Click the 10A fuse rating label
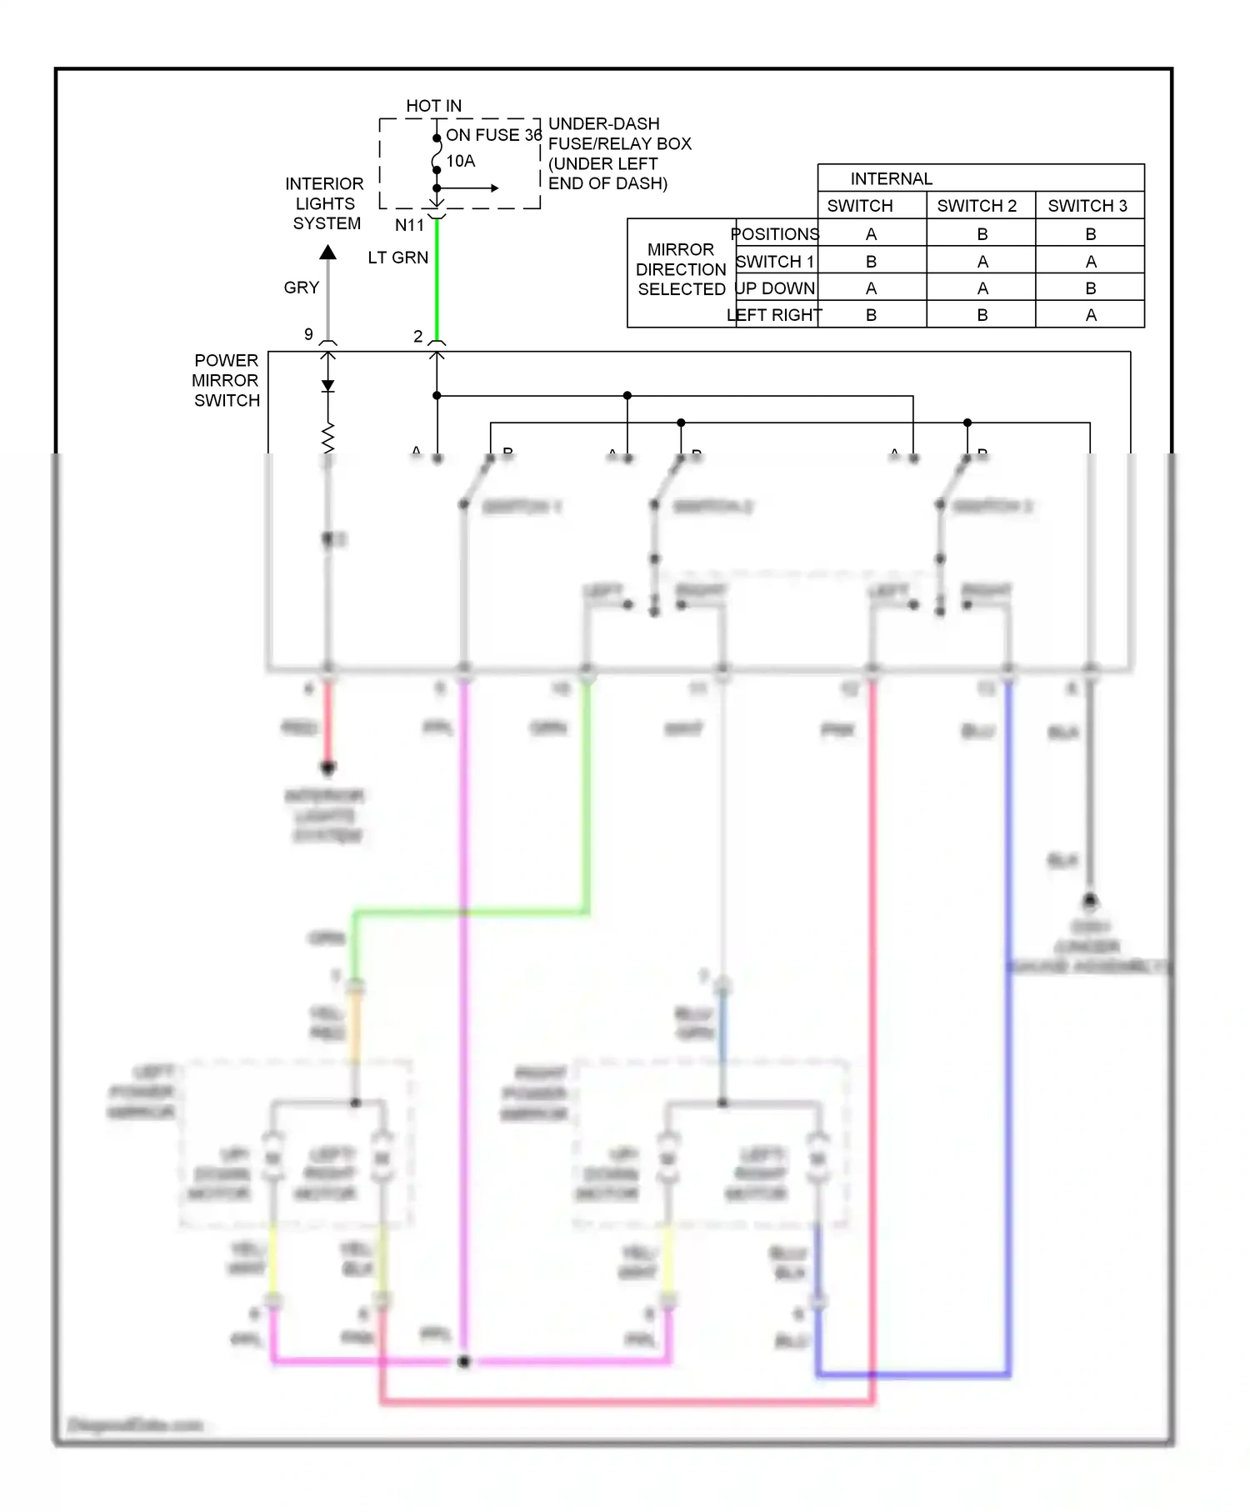[x=461, y=161]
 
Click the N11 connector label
[x=409, y=225]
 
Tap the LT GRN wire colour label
[x=397, y=258]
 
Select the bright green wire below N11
[x=437, y=283]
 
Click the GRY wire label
[x=301, y=288]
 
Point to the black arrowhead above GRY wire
[x=328, y=252]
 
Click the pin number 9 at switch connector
[x=308, y=334]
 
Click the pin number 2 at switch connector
[x=418, y=336]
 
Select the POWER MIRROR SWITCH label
[x=226, y=380]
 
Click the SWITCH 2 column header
[x=977, y=206]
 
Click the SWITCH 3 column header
[x=1087, y=206]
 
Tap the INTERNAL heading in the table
[x=891, y=179]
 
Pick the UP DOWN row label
[x=775, y=288]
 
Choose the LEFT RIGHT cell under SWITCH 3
[x=1091, y=315]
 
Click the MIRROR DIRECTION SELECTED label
[x=681, y=269]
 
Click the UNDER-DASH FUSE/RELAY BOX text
[x=619, y=153]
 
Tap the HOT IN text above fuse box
[x=433, y=106]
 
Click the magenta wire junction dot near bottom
[x=464, y=1361]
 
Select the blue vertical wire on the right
[x=1007, y=1042]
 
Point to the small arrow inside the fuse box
[x=493, y=188]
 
